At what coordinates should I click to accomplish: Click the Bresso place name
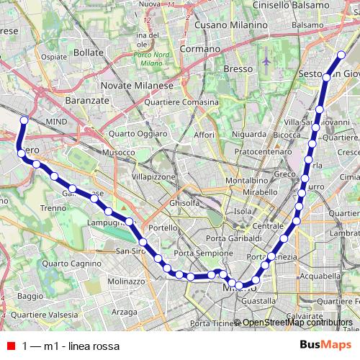tap(237, 68)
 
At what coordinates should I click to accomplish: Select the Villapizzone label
tap(153, 176)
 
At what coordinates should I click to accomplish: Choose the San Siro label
tap(130, 251)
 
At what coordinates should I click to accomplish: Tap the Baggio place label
tap(30, 295)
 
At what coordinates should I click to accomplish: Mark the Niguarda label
tap(248, 134)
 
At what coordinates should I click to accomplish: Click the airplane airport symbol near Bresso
tap(266, 60)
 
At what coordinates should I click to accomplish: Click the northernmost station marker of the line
tap(342, 54)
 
